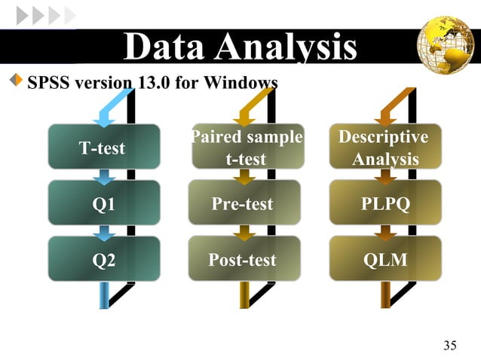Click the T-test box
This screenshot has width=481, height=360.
coord(103,147)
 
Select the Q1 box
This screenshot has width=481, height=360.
coord(103,203)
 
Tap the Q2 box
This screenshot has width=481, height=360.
coord(103,259)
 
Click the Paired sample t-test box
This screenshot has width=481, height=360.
coord(247,147)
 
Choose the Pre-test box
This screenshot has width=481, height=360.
coord(243,203)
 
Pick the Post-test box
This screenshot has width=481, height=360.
coord(243,259)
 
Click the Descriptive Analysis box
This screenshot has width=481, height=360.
coord(384,147)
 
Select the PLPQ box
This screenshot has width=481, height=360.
coord(384,203)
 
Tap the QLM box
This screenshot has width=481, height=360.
coord(384,259)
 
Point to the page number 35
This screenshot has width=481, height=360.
coord(450,346)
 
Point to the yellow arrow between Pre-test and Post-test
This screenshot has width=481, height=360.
coord(244,232)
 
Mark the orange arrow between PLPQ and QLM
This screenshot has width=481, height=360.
coord(385,232)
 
